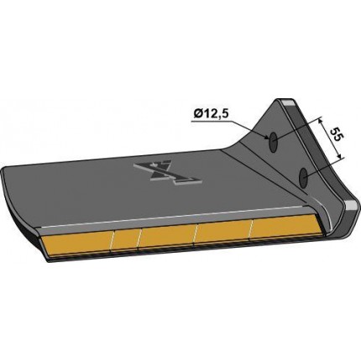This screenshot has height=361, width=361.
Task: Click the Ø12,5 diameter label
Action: (211, 114)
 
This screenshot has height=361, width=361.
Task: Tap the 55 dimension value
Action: (336, 136)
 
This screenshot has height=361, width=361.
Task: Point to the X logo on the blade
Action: (168, 173)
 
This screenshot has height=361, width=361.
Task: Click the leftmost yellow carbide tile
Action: (76, 243)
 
